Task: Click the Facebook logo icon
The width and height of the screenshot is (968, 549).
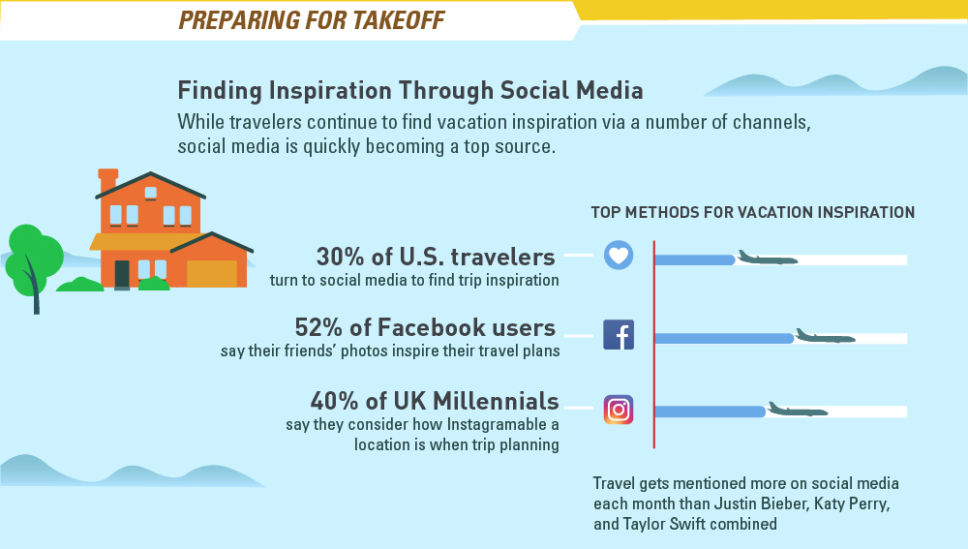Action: [x=619, y=335]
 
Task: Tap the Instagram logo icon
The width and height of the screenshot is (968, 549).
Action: [x=619, y=410]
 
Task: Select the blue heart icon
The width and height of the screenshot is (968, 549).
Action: [x=619, y=255]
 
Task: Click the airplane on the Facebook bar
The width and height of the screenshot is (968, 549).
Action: [x=826, y=336]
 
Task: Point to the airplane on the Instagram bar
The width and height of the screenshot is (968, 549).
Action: [x=798, y=410]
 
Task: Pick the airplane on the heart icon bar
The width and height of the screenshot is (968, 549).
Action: [x=768, y=258]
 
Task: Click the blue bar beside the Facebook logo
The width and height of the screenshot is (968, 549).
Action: [x=724, y=339]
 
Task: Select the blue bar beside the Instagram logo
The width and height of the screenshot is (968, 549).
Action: [x=710, y=412]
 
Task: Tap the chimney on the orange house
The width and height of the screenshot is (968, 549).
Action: [x=108, y=181]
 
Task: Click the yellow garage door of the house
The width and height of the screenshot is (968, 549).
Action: [x=212, y=274]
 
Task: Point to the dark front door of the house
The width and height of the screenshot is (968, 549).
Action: [x=122, y=274]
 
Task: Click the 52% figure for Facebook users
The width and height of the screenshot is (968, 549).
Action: [x=318, y=327]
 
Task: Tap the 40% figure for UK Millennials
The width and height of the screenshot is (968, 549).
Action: [x=334, y=401]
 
